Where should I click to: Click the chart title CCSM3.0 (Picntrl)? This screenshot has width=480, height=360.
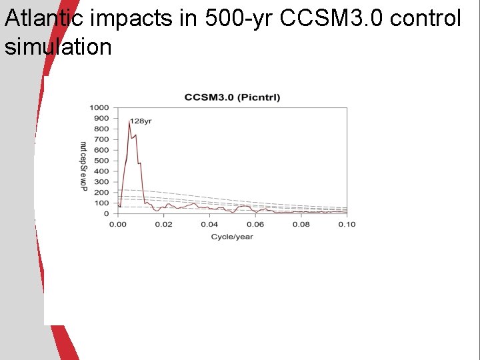point(232,97)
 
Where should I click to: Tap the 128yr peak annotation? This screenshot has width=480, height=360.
point(141,121)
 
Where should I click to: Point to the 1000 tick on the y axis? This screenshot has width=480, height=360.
point(99,107)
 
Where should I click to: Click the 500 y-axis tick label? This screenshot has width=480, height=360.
point(101,161)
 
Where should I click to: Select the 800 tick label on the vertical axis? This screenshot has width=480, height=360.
point(101,129)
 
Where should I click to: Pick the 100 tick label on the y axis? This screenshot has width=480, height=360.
point(101,203)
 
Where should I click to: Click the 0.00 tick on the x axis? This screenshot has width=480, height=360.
point(118,224)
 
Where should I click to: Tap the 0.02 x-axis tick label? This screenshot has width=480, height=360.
point(163,224)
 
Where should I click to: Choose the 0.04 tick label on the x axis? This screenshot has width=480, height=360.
point(209,224)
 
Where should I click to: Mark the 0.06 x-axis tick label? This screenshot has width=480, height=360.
point(255,224)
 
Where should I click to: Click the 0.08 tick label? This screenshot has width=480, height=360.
point(301,224)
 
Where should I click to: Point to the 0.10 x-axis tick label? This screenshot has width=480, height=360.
point(346,224)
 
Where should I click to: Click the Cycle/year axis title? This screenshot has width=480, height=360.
point(232,237)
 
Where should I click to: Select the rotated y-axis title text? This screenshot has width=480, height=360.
point(83,166)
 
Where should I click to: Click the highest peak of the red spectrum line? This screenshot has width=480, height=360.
point(129,121)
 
